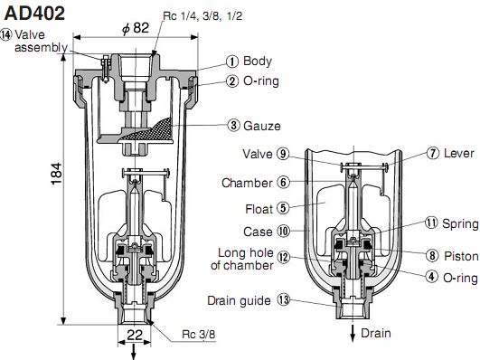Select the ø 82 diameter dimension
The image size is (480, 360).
click(135, 29)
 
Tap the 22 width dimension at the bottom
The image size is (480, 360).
click(133, 335)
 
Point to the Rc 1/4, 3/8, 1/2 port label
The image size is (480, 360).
click(201, 16)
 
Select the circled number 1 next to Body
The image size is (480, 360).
click(232, 62)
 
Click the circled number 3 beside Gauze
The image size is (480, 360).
click(233, 125)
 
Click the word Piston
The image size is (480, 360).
click(460, 256)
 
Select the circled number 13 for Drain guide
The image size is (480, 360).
click(283, 299)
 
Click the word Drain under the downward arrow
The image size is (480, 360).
click(376, 333)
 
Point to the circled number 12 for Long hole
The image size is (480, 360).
click(283, 258)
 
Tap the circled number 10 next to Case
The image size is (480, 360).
click(283, 231)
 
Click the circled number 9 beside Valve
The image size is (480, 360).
click(283, 153)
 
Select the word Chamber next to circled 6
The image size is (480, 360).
click(247, 183)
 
